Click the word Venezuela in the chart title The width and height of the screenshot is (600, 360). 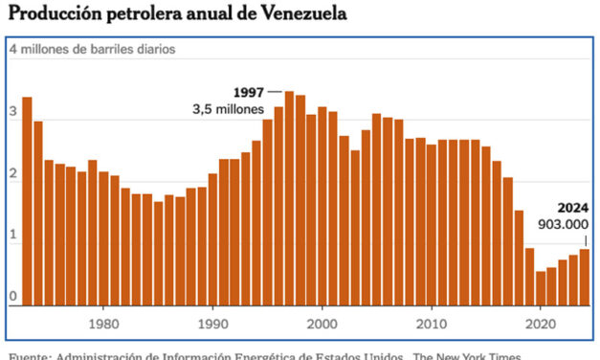tap(300, 13)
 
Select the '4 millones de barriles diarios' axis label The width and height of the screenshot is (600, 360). tap(94, 49)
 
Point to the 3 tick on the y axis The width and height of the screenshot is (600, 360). tap(13, 113)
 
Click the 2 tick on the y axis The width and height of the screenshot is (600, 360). tap(13, 174)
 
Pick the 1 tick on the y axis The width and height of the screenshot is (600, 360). tap(13, 236)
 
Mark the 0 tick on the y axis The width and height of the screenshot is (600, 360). tap(13, 297)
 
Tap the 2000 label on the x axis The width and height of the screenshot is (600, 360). tap(322, 323)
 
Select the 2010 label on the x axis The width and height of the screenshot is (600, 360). tap(432, 323)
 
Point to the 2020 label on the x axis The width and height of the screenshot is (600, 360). tap(541, 323)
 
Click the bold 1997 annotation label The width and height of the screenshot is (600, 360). tap(248, 92)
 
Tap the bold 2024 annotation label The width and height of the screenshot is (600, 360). tap(572, 207)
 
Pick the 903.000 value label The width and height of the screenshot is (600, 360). tap(566, 224)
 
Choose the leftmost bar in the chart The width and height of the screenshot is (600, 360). tap(27, 201)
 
